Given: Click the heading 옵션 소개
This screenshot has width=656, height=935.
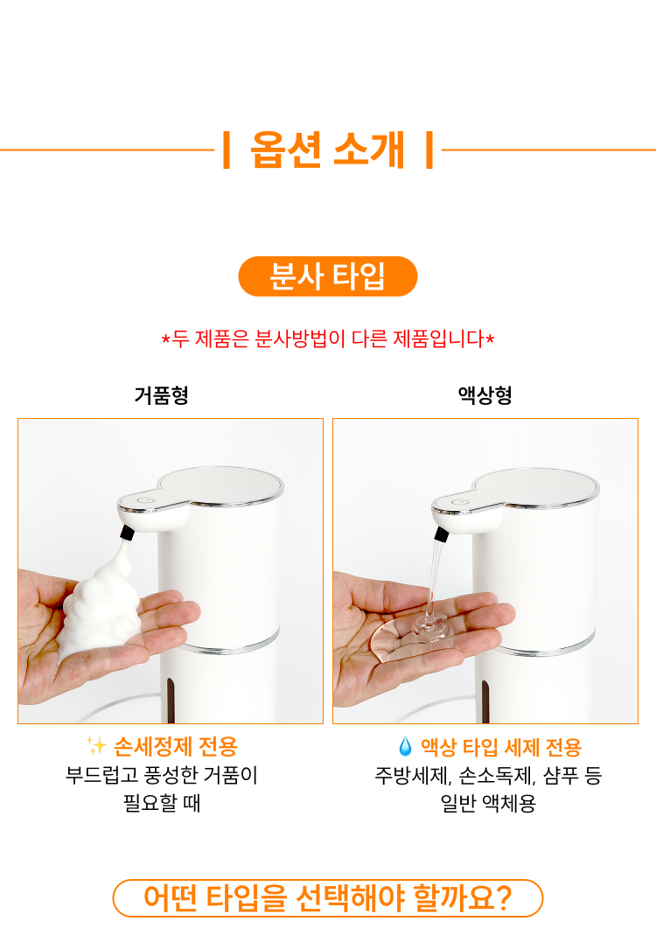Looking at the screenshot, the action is click(327, 150).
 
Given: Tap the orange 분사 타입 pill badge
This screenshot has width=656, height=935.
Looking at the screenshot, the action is click(328, 276).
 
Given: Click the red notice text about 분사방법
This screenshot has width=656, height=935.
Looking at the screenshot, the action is click(328, 338).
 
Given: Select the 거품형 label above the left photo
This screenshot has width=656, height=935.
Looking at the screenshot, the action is click(162, 394).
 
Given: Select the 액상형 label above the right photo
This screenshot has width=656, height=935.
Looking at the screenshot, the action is click(485, 394).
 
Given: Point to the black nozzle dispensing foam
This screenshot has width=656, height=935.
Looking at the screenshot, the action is click(127, 532).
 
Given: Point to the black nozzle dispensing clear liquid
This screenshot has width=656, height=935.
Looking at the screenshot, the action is click(442, 534).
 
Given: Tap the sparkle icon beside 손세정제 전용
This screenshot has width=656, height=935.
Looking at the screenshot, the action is click(96, 745).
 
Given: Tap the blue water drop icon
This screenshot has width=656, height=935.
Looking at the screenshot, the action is click(405, 746).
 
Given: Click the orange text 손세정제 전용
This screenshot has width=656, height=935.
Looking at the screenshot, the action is click(175, 746).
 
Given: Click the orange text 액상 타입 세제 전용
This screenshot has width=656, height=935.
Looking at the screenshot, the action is click(501, 747).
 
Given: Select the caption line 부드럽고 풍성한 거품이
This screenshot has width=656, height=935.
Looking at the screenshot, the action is click(162, 775).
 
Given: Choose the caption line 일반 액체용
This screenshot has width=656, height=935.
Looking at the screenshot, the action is click(488, 803).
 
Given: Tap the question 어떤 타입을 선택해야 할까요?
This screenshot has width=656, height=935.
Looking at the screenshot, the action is click(327, 898).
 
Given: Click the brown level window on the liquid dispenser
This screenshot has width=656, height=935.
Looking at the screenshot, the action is click(485, 701).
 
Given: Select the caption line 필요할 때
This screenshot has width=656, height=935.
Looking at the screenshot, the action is click(162, 803).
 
